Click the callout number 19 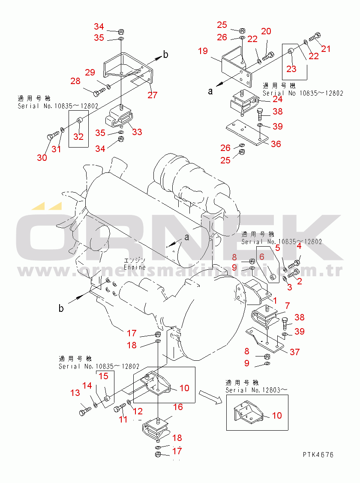click(x=203, y=51)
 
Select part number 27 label click(x=152, y=95)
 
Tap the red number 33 click(x=137, y=132)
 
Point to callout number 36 click(x=276, y=144)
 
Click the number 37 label click(x=294, y=352)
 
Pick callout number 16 click(x=178, y=406)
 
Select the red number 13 click(x=75, y=392)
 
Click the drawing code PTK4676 click(x=318, y=455)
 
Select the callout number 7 click(x=287, y=306)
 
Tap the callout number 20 click(x=266, y=31)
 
